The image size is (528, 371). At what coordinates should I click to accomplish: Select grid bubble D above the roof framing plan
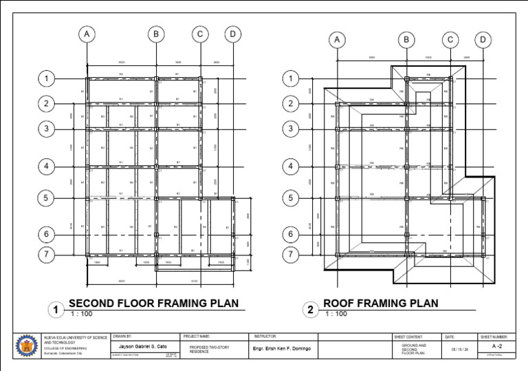point(484,41)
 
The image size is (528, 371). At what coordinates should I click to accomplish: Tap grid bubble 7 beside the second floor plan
point(47,255)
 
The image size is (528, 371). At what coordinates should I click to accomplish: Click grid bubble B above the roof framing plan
point(406,41)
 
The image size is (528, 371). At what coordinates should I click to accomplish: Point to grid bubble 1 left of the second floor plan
point(47,79)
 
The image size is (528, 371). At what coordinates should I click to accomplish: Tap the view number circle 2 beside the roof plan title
point(311,310)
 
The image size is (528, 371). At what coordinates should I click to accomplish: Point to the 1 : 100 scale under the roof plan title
point(335,315)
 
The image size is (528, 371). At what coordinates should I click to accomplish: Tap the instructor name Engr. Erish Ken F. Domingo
point(283,349)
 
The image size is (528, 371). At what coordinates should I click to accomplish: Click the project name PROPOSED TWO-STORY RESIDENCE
point(206,350)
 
